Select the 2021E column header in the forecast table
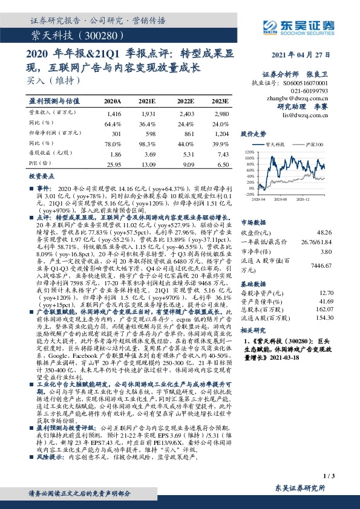click(x=148, y=100)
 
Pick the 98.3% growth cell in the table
click(x=148, y=143)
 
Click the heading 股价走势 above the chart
click(x=254, y=134)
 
